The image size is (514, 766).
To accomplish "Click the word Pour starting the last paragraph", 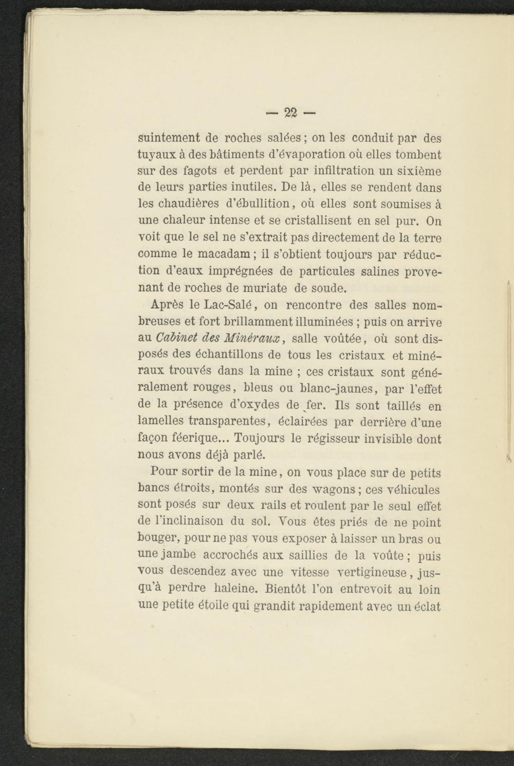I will tap(164, 472).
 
